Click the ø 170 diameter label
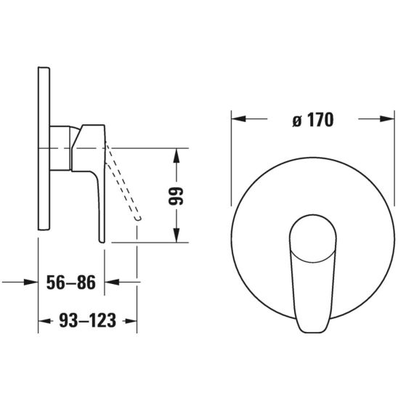click(x=313, y=119)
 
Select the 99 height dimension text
click(x=176, y=195)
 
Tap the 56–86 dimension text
click(x=71, y=283)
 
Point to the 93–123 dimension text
click(x=88, y=320)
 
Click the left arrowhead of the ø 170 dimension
click(x=239, y=118)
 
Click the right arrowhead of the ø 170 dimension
click(x=387, y=118)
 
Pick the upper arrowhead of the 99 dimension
click(x=176, y=155)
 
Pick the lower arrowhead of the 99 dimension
click(x=176, y=235)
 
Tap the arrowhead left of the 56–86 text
click(x=31, y=282)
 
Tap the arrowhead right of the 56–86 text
click(x=112, y=282)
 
